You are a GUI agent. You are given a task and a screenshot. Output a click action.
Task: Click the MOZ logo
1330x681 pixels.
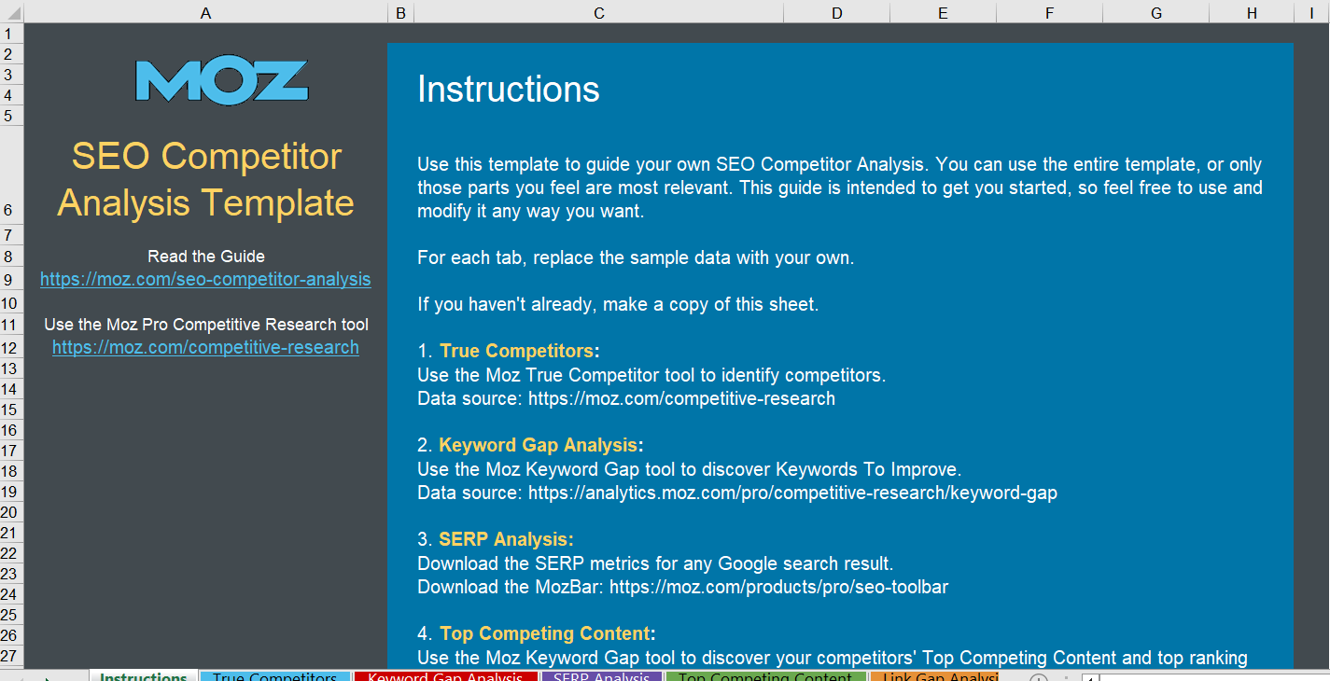click(x=221, y=82)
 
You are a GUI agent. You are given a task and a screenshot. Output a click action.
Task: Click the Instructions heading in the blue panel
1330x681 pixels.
click(x=508, y=90)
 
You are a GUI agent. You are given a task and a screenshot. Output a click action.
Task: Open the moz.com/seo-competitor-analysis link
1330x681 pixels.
click(x=205, y=279)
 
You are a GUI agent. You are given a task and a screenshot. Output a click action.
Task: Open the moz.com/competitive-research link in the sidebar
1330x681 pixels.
click(x=205, y=347)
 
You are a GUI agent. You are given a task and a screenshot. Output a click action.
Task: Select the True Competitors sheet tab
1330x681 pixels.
click(x=274, y=675)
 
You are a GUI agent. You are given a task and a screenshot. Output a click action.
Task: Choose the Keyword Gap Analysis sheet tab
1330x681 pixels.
click(x=444, y=675)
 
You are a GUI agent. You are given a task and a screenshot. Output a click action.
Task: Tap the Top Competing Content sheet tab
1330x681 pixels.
click(x=764, y=675)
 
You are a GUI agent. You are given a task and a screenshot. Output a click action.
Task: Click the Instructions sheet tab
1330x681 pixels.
click(x=143, y=675)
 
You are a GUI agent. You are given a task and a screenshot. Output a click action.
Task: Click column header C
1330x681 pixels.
click(x=598, y=12)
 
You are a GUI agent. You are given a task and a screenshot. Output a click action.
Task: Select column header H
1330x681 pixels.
click(x=1251, y=12)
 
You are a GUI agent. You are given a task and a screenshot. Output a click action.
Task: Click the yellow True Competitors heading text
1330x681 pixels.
click(x=516, y=352)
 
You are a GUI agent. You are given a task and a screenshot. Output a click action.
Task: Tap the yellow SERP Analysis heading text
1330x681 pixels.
click(x=505, y=539)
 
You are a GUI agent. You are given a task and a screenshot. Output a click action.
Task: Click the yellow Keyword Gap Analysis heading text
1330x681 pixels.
click(x=538, y=445)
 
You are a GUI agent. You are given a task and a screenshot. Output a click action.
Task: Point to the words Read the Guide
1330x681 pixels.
click(x=206, y=256)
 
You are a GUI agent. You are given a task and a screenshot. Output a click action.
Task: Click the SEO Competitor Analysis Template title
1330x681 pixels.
click(x=206, y=179)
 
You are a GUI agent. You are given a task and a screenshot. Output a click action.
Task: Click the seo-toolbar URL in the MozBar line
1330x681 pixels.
click(x=778, y=587)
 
